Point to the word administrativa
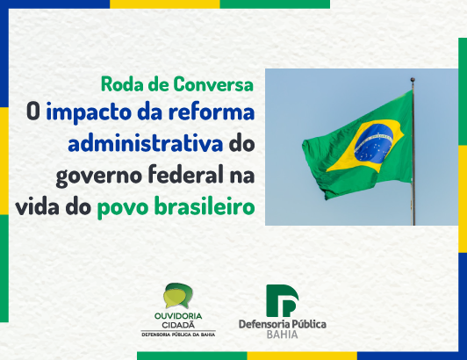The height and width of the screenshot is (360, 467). (x=146, y=143)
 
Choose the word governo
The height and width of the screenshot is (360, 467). (x=99, y=176)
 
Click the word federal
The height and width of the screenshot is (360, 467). (x=186, y=175)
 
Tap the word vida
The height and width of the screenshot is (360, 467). (x=38, y=206)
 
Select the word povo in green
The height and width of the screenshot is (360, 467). (x=123, y=208)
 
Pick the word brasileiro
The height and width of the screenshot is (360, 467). (x=205, y=206)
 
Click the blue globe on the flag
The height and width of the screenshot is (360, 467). (x=373, y=143)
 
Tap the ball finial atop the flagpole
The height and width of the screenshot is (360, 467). (x=413, y=80)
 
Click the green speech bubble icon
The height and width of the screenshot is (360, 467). (x=178, y=295)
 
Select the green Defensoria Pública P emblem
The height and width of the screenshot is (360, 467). (x=283, y=300)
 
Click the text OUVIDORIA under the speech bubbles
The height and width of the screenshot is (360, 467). (x=178, y=316)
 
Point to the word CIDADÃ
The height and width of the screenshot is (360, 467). (x=178, y=325)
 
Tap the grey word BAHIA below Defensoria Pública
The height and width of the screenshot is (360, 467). (x=282, y=335)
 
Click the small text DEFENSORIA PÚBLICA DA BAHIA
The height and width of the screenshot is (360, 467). (x=178, y=335)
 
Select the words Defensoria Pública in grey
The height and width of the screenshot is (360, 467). (x=283, y=324)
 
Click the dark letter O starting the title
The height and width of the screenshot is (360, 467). (x=33, y=112)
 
